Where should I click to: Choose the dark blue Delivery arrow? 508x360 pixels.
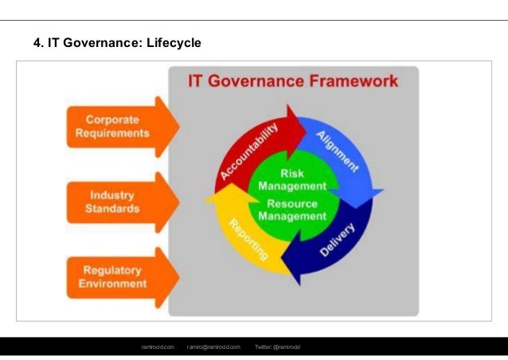pyautogui.click(x=334, y=239)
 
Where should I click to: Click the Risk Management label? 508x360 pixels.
pyautogui.click(x=292, y=180)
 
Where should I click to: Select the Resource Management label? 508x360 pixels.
pyautogui.click(x=292, y=209)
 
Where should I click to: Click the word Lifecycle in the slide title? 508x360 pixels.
pyautogui.click(x=174, y=41)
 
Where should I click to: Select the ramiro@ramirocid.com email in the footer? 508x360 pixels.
pyautogui.click(x=213, y=347)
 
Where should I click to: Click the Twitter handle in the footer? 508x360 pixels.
pyautogui.click(x=278, y=347)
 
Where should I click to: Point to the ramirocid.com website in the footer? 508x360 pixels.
pyautogui.click(x=158, y=347)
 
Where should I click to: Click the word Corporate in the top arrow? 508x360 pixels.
pyautogui.click(x=112, y=120)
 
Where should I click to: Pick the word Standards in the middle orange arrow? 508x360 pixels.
pyautogui.click(x=112, y=209)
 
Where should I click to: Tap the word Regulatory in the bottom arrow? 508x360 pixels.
pyautogui.click(x=112, y=270)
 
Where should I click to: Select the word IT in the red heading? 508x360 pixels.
pyautogui.click(x=198, y=81)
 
